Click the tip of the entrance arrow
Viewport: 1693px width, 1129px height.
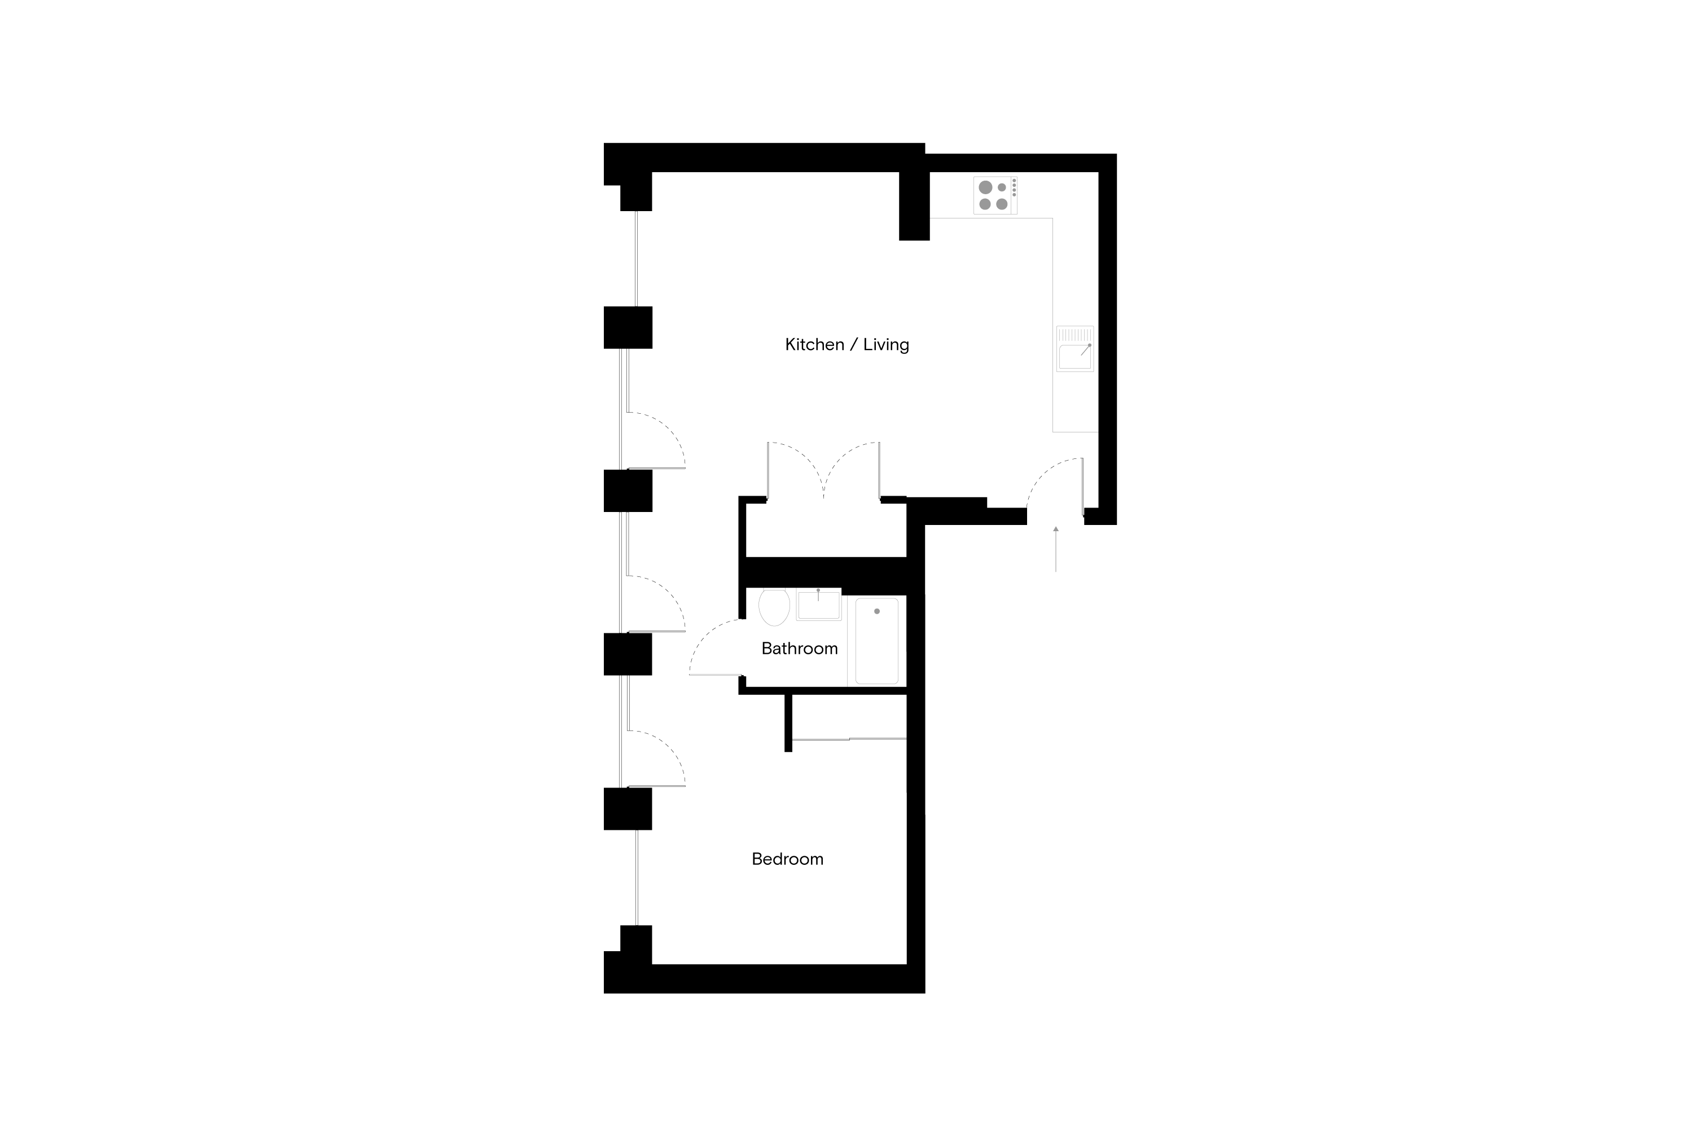click(1056, 526)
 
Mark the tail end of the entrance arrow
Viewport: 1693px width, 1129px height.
click(1056, 572)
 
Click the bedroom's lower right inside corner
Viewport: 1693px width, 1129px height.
click(906, 964)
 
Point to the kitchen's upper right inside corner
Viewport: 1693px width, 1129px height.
click(1098, 172)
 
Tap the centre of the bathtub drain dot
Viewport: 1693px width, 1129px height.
click(877, 611)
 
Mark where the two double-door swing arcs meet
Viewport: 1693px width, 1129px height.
click(823, 497)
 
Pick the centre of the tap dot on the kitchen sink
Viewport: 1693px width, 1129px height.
click(1089, 345)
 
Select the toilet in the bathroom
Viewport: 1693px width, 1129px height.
click(774, 606)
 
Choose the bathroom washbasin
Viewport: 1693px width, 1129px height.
click(818, 605)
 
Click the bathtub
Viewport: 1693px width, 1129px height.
click(877, 641)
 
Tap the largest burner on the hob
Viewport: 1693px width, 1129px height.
click(985, 187)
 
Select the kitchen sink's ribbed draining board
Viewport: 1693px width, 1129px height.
click(1074, 335)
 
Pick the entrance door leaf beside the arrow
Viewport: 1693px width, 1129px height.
click(1082, 487)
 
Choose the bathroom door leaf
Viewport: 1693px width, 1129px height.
click(716, 675)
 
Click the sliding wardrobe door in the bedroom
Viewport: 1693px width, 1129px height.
click(849, 739)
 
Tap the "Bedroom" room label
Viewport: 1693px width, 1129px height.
click(787, 859)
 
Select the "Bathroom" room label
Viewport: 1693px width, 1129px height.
click(800, 649)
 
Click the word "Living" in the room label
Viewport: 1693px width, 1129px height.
click(886, 345)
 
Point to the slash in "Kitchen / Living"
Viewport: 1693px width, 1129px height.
click(854, 345)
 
